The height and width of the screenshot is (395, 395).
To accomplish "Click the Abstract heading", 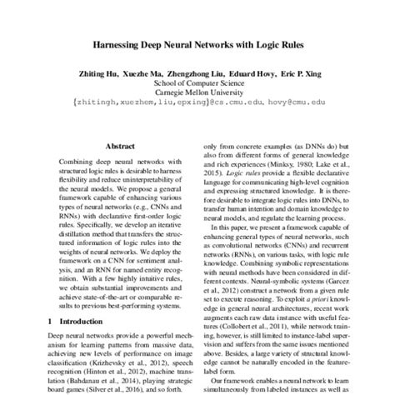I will coord(118,142).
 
